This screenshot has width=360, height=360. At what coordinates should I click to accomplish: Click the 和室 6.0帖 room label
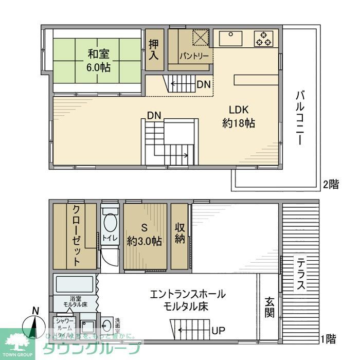(98, 60)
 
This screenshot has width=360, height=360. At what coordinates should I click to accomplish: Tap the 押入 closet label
(154, 50)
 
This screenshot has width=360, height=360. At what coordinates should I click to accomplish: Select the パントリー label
(193, 55)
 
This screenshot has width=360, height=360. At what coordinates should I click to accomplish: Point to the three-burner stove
(264, 39)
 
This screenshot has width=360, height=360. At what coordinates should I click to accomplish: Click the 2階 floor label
(331, 184)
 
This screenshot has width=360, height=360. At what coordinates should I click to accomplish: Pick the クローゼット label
(75, 236)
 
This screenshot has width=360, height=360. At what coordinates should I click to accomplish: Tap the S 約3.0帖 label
(146, 235)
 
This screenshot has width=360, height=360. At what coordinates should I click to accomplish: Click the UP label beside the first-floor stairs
(218, 330)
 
